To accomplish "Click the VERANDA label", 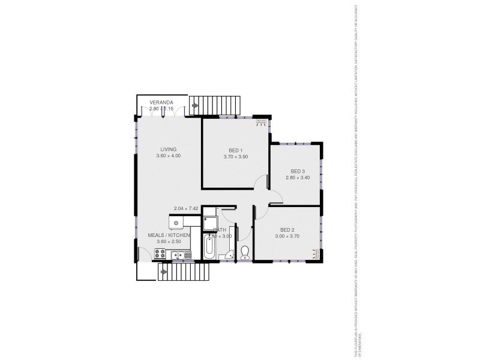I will point(161,103).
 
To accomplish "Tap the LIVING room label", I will point(168,149).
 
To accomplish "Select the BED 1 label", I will point(235,150).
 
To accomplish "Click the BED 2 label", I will point(287,230).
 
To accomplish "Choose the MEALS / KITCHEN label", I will point(169,235).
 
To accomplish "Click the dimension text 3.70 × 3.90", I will point(235,157).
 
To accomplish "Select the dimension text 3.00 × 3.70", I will point(287,236).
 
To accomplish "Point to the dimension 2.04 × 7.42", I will point(186,208).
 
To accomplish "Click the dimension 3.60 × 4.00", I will point(168,156).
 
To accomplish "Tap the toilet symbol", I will point(244,253).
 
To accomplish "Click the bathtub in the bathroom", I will point(209,247).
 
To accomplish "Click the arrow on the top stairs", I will point(196,106).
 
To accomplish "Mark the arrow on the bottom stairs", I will point(163,271).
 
